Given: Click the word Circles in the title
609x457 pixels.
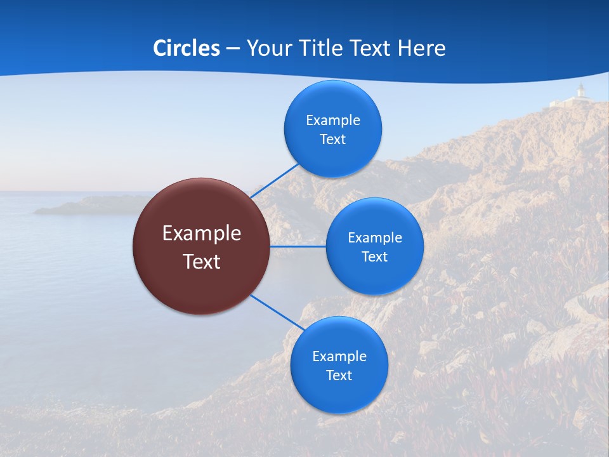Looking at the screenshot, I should [x=186, y=48].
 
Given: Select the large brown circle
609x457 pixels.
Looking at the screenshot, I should [x=201, y=246].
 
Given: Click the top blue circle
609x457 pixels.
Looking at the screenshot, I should [x=332, y=129].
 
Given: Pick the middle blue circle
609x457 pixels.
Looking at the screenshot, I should [x=374, y=246].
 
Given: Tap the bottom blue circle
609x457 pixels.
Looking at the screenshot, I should [x=339, y=365].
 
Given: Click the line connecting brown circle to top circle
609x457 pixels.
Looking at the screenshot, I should [x=275, y=181].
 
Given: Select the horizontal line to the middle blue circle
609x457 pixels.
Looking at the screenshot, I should [x=298, y=246].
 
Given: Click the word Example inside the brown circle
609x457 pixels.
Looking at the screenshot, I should [x=201, y=233].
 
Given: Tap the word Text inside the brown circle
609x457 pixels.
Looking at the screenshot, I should [x=201, y=261].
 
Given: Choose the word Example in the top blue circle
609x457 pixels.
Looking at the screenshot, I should [x=332, y=120].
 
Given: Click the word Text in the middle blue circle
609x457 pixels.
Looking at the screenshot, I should [x=374, y=256].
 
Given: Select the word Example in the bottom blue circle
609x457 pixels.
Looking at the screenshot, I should [x=339, y=356].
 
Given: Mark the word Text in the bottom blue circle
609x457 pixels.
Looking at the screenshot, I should [x=339, y=375].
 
